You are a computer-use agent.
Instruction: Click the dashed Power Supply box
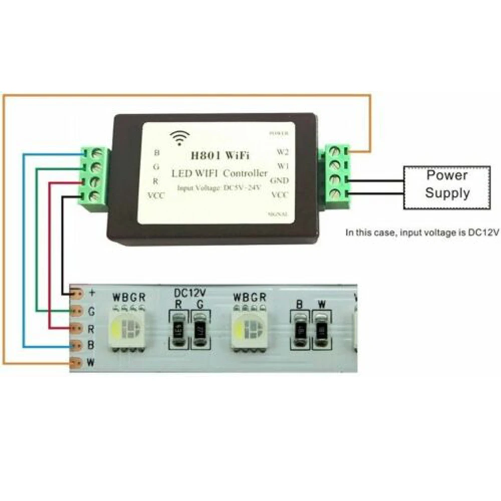447,185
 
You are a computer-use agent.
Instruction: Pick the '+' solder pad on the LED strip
77,293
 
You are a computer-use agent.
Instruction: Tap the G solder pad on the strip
77,311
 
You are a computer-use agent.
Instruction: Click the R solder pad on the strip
77,328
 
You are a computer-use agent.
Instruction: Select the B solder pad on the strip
77,345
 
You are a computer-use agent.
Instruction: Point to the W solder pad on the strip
77,362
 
